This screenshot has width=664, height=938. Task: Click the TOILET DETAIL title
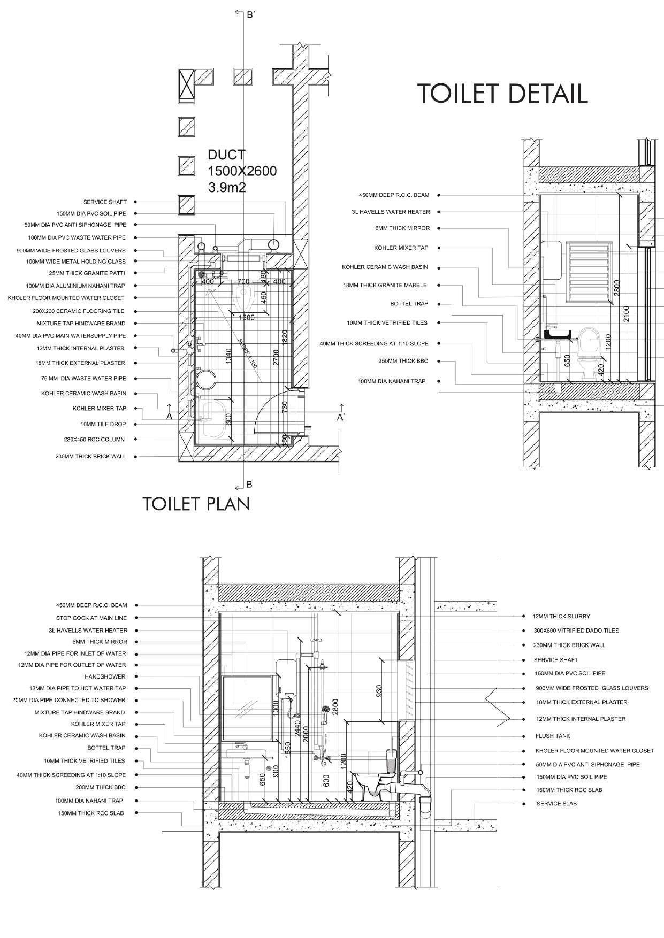click(x=502, y=93)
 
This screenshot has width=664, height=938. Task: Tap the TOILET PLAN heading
click(x=196, y=504)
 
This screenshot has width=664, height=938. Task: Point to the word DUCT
click(x=226, y=155)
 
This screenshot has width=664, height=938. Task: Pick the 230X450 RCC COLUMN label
click(x=94, y=440)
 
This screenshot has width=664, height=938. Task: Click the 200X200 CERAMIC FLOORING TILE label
click(x=78, y=311)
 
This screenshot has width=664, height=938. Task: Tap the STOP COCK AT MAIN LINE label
click(x=91, y=618)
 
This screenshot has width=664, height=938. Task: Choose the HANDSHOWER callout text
click(x=105, y=676)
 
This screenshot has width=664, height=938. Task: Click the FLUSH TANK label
click(x=553, y=736)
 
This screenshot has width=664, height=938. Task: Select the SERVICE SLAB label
click(x=556, y=804)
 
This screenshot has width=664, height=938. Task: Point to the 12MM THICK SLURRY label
click(x=561, y=617)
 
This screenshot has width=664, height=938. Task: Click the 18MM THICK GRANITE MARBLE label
click(x=385, y=286)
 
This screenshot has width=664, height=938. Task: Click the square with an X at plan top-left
click(x=186, y=85)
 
